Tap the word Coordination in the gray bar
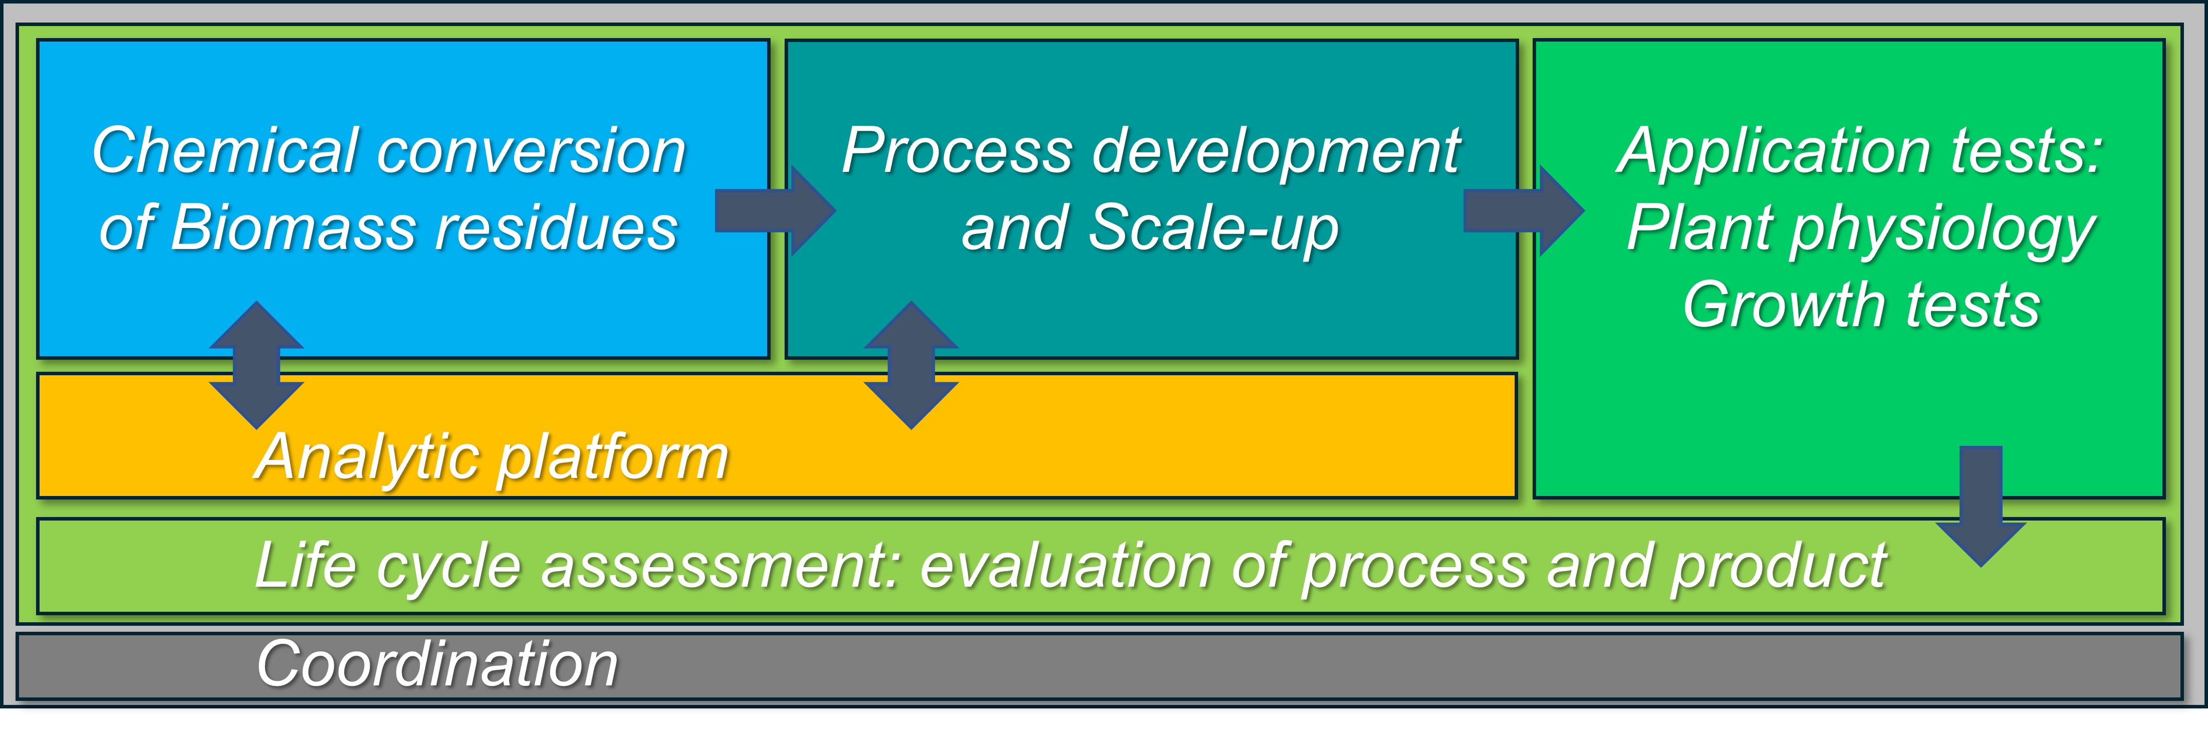point(437,664)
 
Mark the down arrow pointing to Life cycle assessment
point(1981,506)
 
